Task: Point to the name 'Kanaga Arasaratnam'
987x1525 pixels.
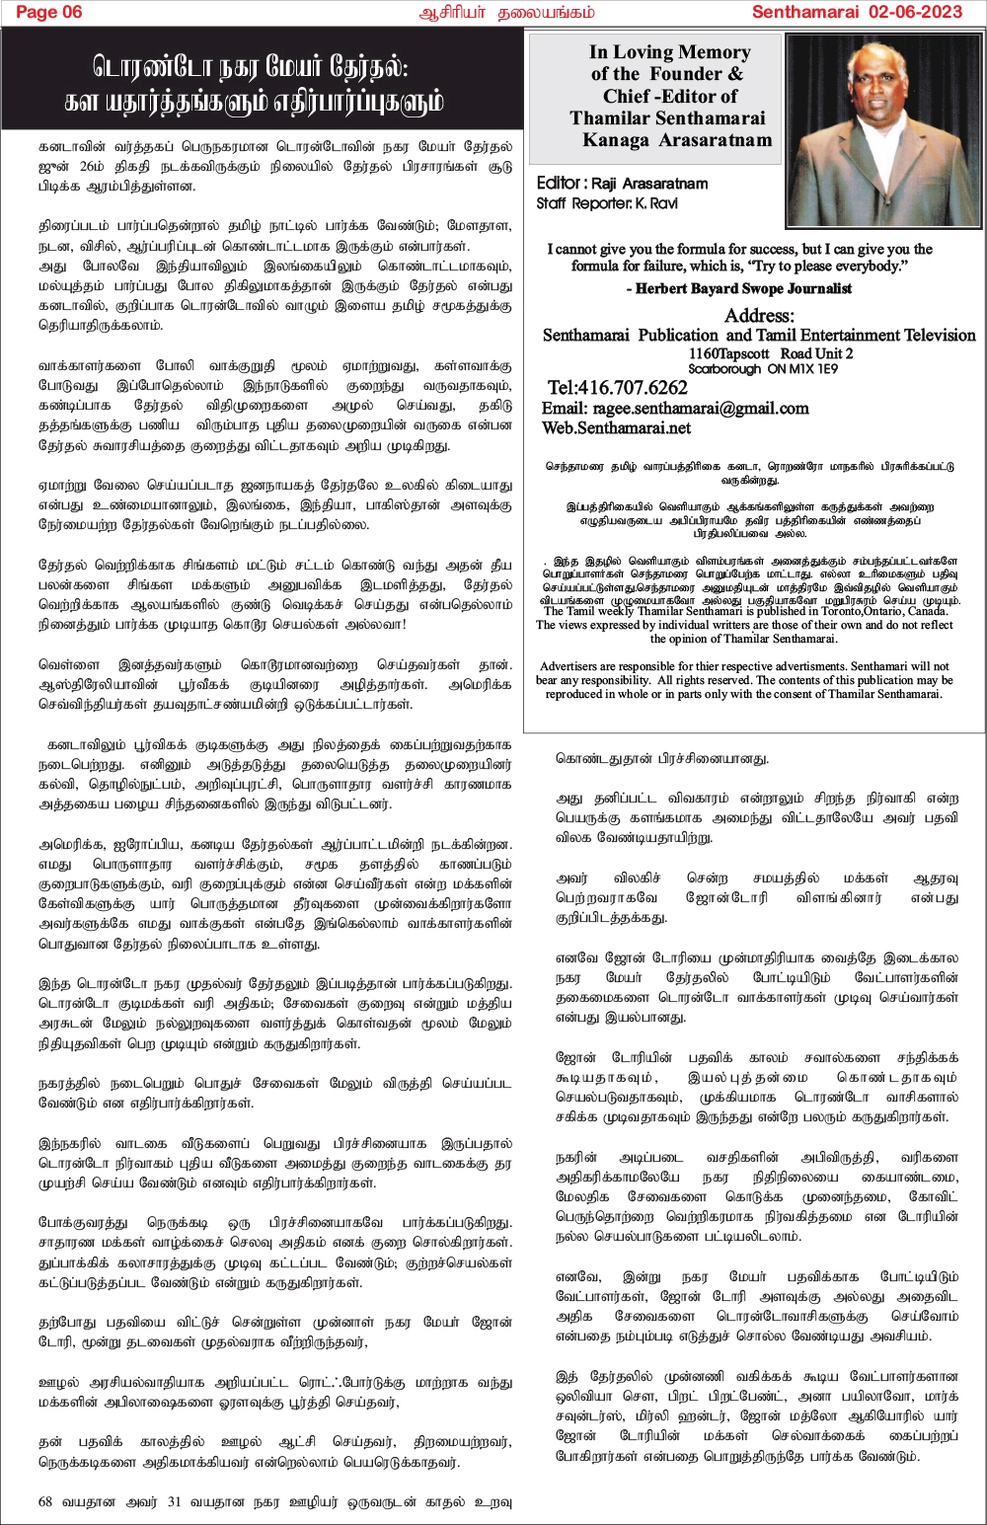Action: [x=677, y=140]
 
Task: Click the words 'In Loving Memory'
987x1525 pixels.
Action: [x=670, y=52]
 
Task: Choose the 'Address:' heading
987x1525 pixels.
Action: [x=759, y=316]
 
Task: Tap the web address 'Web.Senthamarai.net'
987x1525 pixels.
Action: [x=616, y=428]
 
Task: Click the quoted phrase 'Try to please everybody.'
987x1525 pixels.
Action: [x=825, y=267]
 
